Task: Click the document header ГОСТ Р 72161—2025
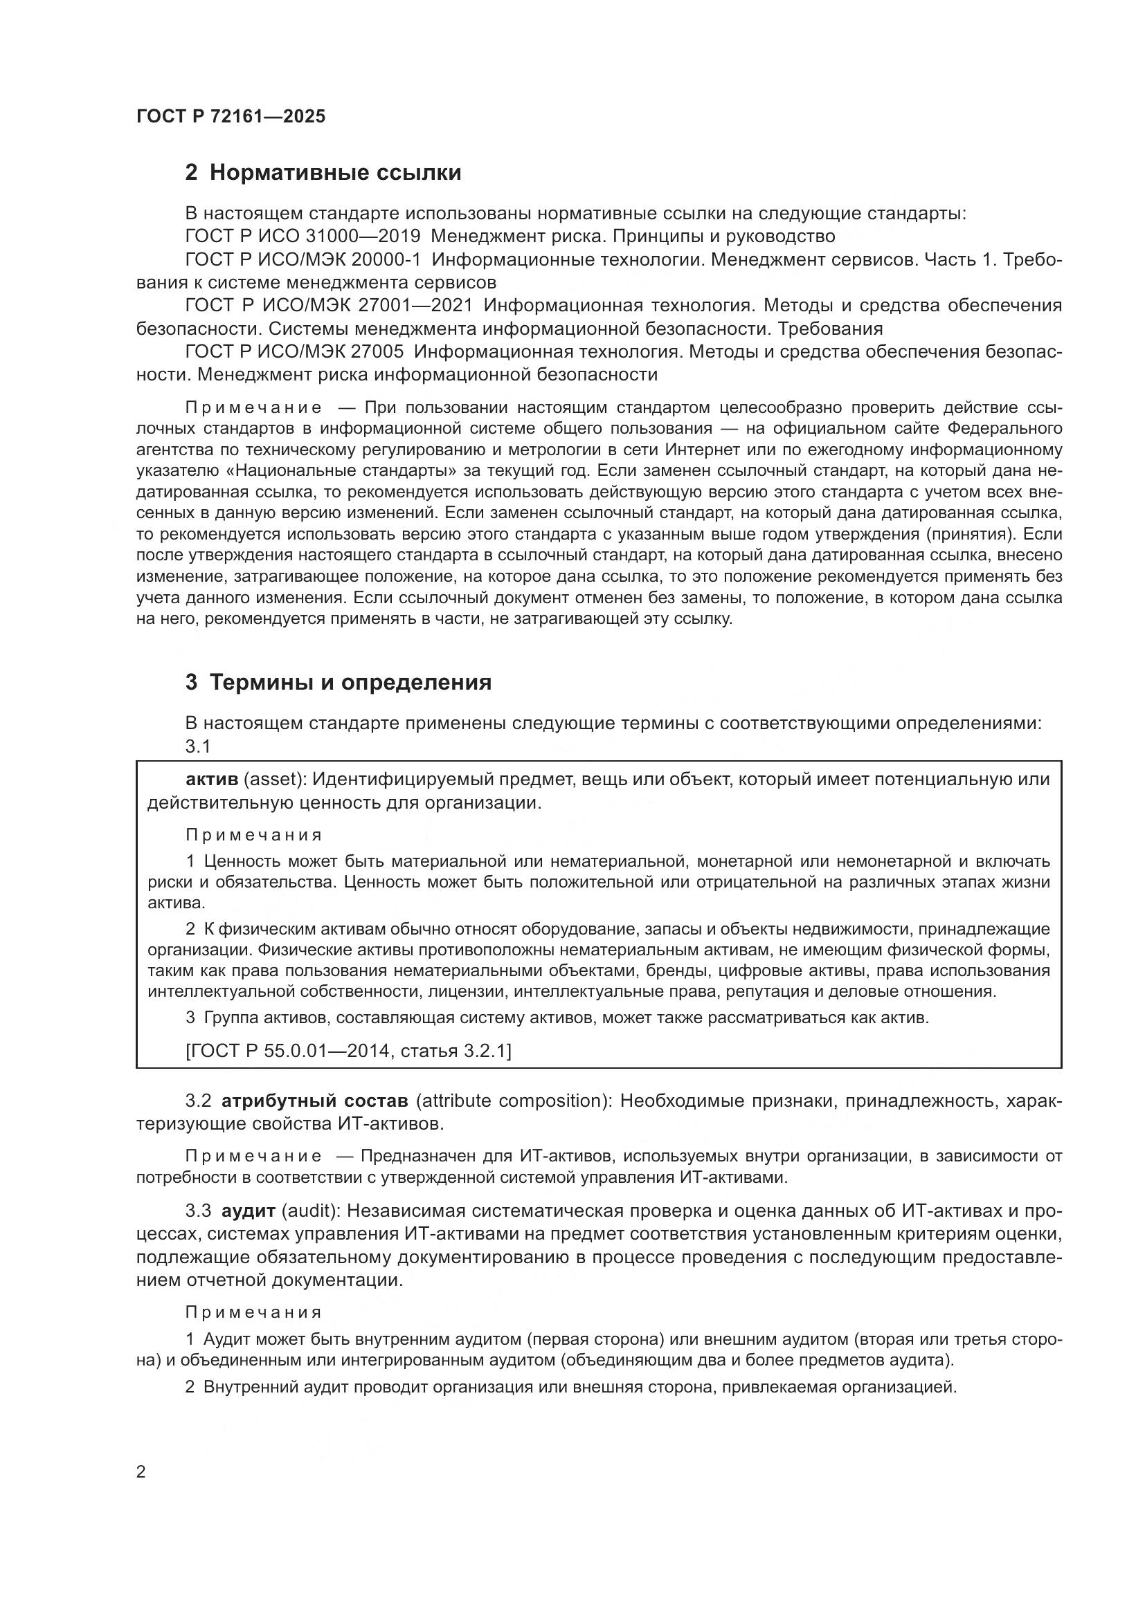pyautogui.click(x=231, y=116)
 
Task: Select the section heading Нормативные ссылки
pyautogui.click(x=335, y=173)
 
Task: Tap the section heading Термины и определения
pyautogui.click(x=350, y=682)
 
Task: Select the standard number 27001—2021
pyautogui.click(x=416, y=305)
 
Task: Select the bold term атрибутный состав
pyautogui.click(x=314, y=1101)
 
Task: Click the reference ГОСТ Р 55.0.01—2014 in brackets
pyautogui.click(x=287, y=1051)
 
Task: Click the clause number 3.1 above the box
pyautogui.click(x=198, y=746)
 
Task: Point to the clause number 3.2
pyautogui.click(x=198, y=1101)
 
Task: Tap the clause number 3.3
pyautogui.click(x=198, y=1211)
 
